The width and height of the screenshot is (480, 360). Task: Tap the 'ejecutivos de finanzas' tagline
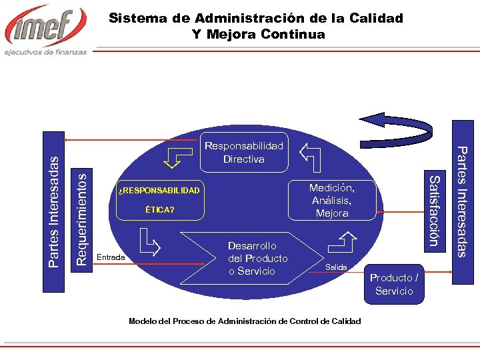click(x=45, y=53)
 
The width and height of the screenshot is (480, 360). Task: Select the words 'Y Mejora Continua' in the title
click(x=258, y=34)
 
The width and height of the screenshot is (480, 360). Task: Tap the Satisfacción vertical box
click(x=434, y=209)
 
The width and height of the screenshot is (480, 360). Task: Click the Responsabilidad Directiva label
click(x=243, y=152)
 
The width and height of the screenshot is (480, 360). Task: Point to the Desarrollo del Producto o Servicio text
click(x=257, y=258)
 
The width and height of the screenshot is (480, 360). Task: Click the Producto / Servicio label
click(x=394, y=284)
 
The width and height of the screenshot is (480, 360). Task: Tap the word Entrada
click(x=111, y=257)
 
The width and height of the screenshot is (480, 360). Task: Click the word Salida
click(x=336, y=267)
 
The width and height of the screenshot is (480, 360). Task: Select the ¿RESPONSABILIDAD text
click(x=159, y=191)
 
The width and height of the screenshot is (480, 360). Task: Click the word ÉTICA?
click(x=160, y=211)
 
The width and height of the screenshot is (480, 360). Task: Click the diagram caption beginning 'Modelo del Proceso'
click(x=245, y=321)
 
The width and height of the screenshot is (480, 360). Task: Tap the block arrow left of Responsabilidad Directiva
click(x=178, y=155)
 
